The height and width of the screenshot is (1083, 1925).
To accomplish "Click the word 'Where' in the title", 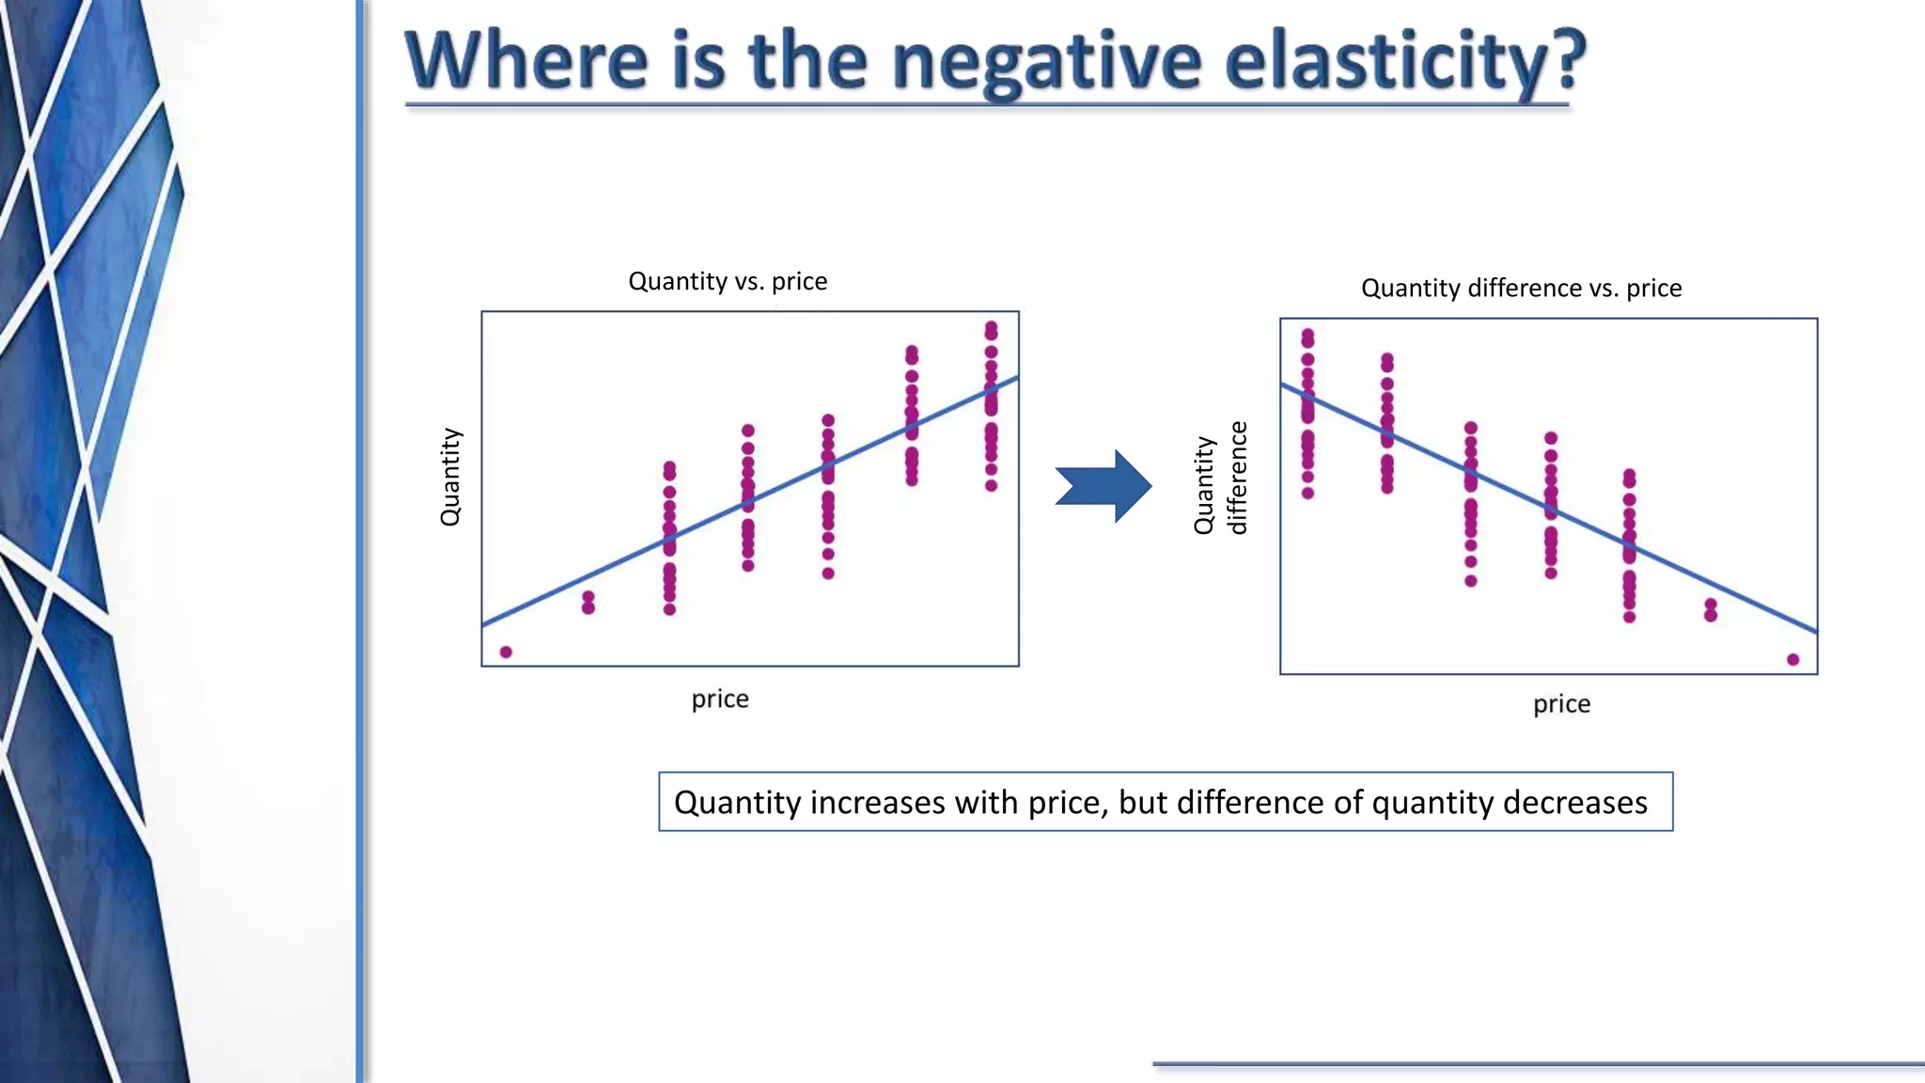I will click(x=526, y=61).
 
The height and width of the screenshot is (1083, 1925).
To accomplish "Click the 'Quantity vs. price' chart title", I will click(x=728, y=281).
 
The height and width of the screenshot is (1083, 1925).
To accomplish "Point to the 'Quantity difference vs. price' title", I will click(x=1521, y=288).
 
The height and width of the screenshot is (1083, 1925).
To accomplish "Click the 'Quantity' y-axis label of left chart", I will click(x=450, y=477).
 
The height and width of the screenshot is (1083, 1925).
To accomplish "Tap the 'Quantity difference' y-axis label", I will click(x=1220, y=479).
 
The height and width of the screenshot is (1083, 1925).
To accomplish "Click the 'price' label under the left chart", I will click(x=720, y=698).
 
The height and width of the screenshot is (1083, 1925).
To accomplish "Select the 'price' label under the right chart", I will click(x=1561, y=703).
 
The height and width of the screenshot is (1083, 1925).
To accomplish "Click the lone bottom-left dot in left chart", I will click(x=506, y=651).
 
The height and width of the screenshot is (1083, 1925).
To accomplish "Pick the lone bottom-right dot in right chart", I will click(x=1792, y=659).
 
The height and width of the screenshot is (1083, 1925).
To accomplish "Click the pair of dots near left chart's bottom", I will click(x=588, y=603).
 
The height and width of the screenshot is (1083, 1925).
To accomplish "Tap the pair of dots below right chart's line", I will click(x=1711, y=610).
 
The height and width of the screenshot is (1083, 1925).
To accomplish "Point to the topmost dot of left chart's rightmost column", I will click(x=991, y=327).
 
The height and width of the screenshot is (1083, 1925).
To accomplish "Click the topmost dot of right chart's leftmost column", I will click(x=1307, y=335).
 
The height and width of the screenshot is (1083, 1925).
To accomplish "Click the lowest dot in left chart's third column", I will click(x=669, y=609).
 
